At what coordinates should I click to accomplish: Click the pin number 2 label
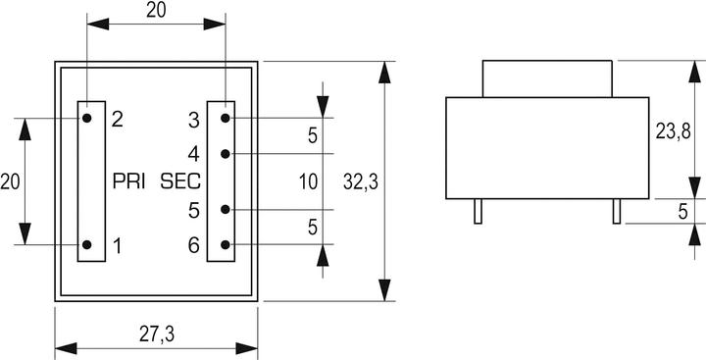point(117,119)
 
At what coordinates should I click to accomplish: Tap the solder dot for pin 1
point(87,245)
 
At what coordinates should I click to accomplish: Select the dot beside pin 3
point(226,119)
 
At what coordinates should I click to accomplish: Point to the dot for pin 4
point(226,154)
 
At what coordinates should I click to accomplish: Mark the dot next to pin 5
point(226,210)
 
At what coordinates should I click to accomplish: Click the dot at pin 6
point(226,245)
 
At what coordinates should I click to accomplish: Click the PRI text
point(130,181)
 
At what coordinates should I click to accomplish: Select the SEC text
point(180,181)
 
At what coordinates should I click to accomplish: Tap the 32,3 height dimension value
point(362,181)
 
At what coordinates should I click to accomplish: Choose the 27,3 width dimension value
point(156,334)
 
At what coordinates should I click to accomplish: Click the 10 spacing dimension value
point(308,181)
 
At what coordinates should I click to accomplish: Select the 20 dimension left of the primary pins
point(10,181)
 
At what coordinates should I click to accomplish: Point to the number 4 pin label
point(194,154)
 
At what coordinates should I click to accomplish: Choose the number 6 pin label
point(194,245)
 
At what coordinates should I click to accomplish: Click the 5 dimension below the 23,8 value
point(682,211)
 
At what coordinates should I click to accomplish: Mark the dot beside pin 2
point(87,119)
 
